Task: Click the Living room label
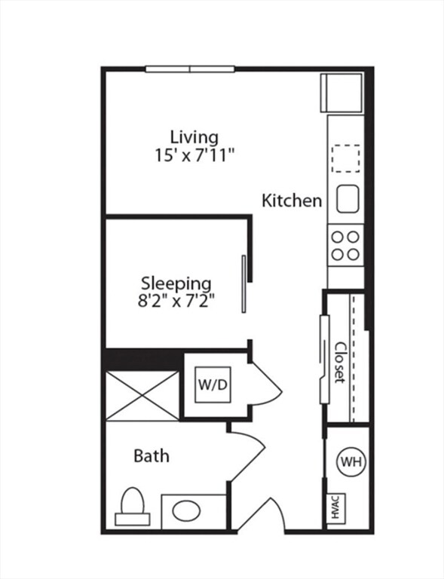194,138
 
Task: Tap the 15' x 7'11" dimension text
194,155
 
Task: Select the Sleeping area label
176,284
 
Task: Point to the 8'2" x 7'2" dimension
176,301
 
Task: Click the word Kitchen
292,201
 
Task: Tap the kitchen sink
348,199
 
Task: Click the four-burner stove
345,246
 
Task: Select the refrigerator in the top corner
341,93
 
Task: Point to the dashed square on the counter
345,158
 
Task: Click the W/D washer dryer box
213,384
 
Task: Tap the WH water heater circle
351,461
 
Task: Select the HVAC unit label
335,508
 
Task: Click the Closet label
339,363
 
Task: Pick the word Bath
152,455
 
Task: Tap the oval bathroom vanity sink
187,511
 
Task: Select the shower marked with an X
142,396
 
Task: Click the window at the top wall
190,69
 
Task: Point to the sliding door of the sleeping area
243,284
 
